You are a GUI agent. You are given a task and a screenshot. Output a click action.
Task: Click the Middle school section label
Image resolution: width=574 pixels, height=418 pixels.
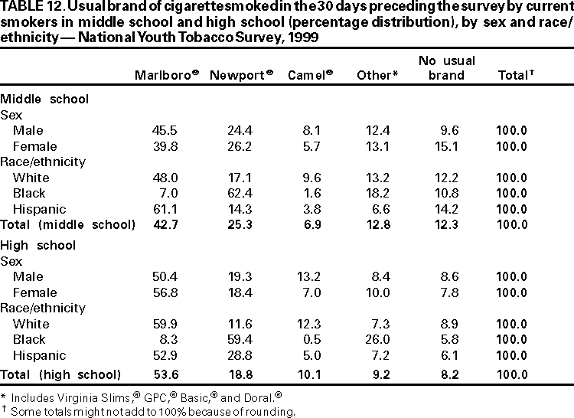click(44, 99)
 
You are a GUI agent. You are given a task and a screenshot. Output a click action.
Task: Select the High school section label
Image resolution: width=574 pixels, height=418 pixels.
click(38, 245)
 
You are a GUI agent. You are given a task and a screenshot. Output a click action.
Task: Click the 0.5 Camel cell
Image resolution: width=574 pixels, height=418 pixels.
click(311, 339)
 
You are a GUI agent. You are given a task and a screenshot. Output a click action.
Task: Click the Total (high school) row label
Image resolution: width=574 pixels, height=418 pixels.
click(60, 374)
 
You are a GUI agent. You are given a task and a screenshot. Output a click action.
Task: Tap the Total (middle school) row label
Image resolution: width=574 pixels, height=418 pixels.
click(67, 224)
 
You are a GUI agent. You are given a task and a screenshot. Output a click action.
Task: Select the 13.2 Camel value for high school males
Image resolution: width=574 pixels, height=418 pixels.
click(309, 276)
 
